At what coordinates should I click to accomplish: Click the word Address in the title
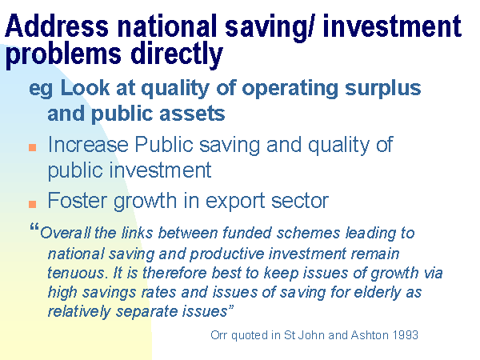[x=57, y=26]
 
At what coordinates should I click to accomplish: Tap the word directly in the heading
[x=177, y=54]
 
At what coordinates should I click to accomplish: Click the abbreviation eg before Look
[x=41, y=90]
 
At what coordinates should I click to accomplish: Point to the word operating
[x=290, y=89]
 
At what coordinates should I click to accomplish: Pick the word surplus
[x=383, y=89]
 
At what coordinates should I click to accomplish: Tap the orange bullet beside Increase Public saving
[x=33, y=148]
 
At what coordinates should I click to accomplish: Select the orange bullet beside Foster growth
[x=33, y=204]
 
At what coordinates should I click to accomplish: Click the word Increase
[x=88, y=144]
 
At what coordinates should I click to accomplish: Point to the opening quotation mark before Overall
[x=34, y=228]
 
